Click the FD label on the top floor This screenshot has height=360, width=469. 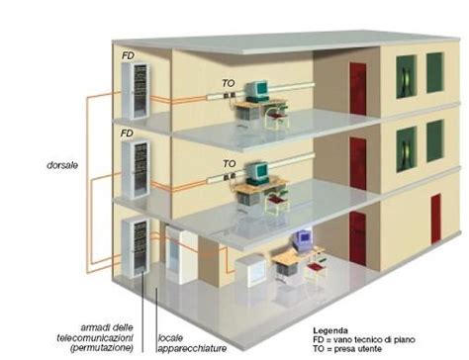point(126,55)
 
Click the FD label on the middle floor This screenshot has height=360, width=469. point(126,133)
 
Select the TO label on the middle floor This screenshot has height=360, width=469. point(229,163)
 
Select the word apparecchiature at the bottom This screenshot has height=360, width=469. point(193,347)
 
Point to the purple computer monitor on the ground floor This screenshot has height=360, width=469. point(303,237)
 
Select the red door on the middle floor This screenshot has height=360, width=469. point(357,162)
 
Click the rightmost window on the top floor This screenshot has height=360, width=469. point(434,71)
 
